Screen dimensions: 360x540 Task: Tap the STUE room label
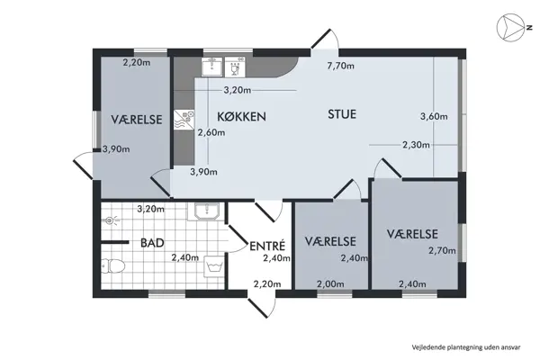(342, 114)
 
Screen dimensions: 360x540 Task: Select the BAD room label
(150, 242)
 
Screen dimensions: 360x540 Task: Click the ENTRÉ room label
(267, 245)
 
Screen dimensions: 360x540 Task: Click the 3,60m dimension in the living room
(434, 115)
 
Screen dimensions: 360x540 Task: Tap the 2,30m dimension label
(415, 144)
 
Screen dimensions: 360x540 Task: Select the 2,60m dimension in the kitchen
(210, 133)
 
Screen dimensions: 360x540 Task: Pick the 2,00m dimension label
(330, 284)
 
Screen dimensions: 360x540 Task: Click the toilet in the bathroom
(112, 266)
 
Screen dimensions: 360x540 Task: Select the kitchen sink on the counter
(213, 66)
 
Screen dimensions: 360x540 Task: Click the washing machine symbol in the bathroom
(213, 267)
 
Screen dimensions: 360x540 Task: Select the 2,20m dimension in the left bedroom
(136, 62)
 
